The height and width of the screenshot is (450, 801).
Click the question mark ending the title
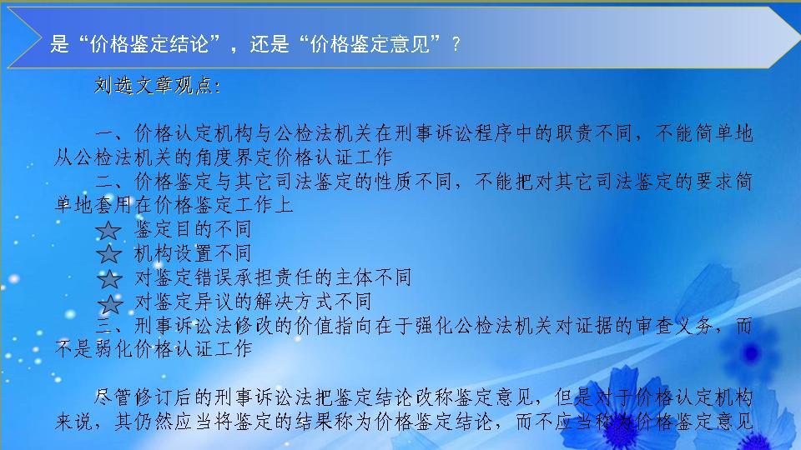click(x=456, y=46)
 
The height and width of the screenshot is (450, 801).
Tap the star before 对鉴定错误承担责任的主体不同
click(x=109, y=279)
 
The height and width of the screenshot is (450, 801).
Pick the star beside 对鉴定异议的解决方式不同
click(x=109, y=302)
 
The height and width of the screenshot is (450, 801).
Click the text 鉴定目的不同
click(x=193, y=229)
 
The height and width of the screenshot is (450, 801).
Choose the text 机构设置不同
click(x=193, y=253)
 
